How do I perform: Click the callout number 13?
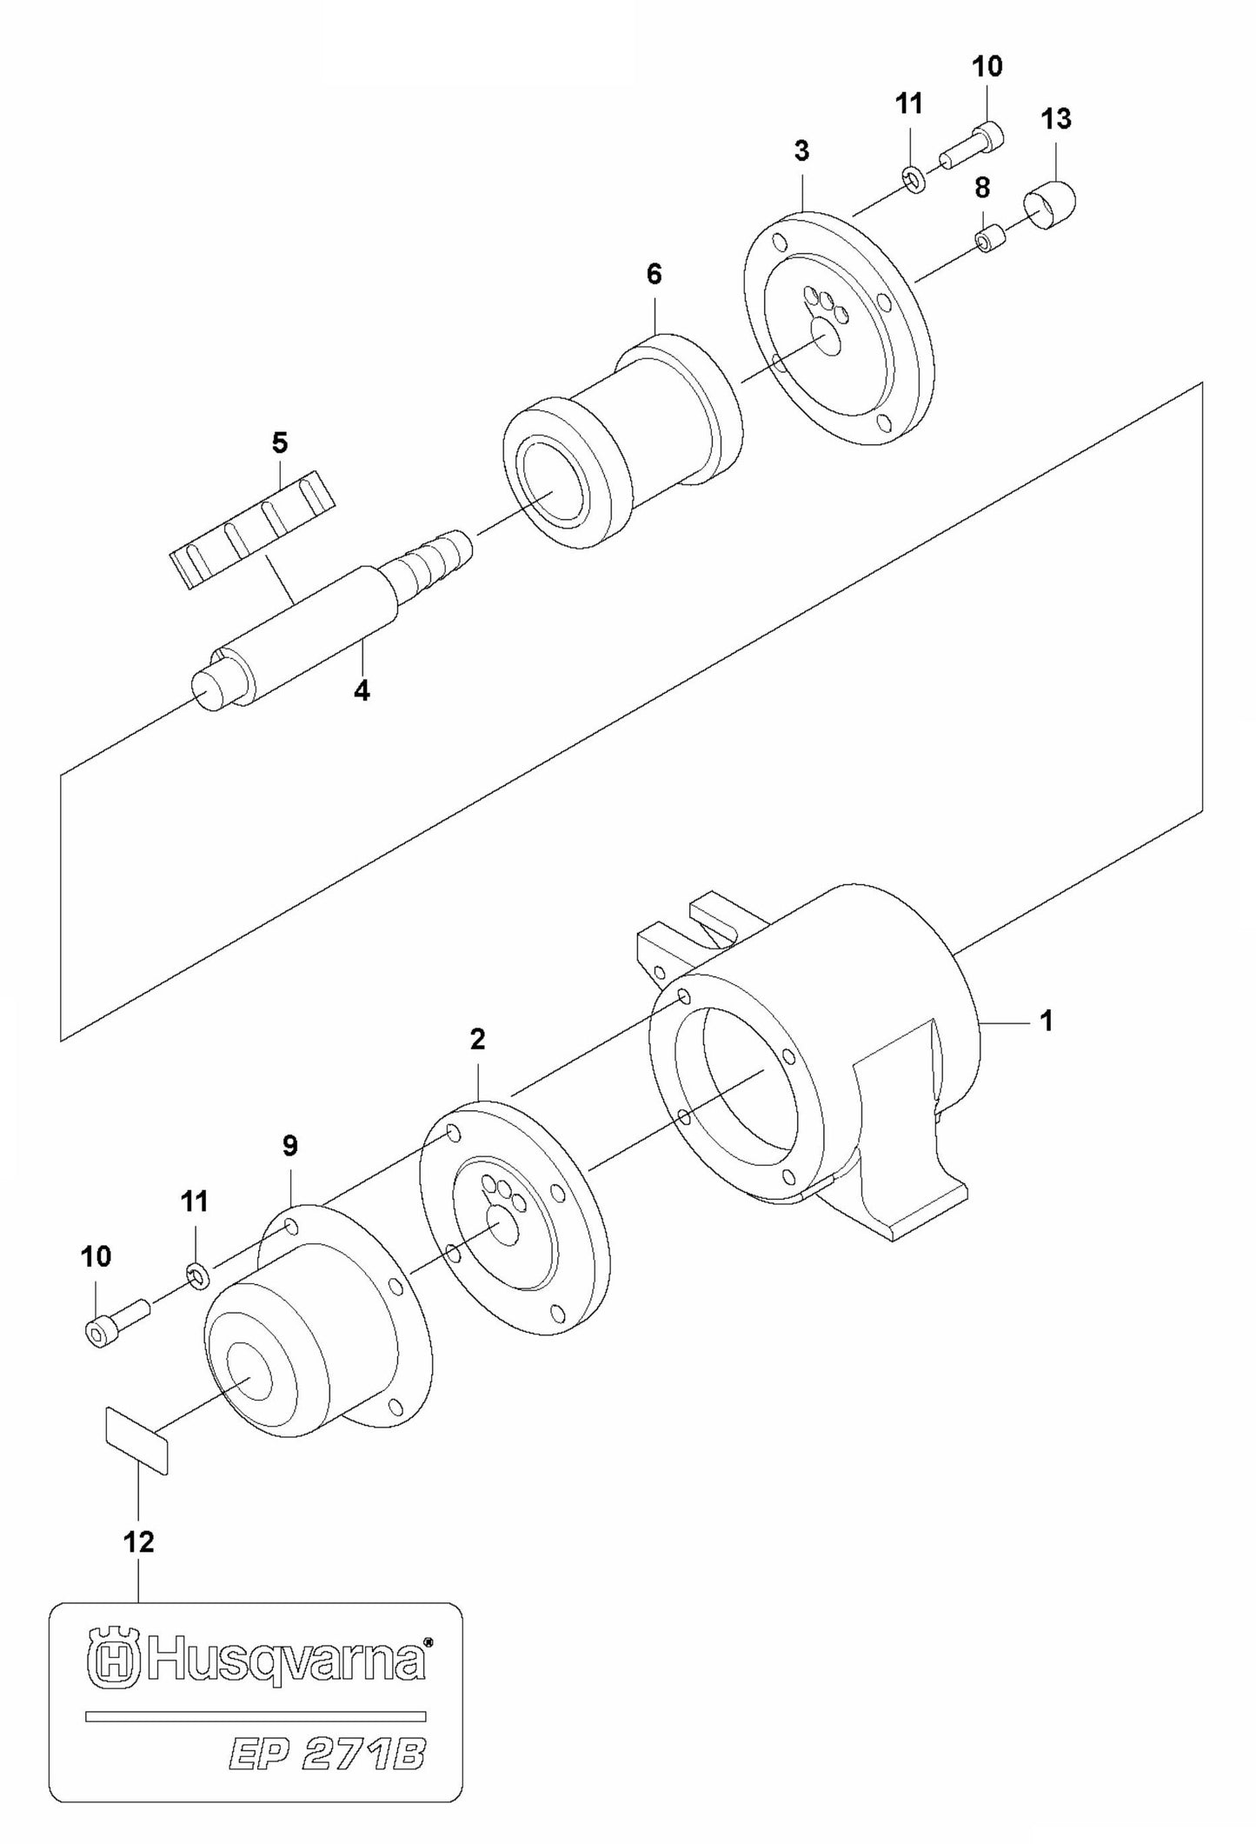(1056, 118)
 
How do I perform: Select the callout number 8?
(982, 187)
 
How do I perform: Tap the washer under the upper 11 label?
(914, 181)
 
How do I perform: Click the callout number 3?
(801, 151)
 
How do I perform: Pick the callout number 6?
(654, 275)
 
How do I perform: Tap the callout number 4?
(362, 691)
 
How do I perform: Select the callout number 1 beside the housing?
(1047, 1021)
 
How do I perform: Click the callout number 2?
(477, 1038)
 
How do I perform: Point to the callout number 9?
(290, 1146)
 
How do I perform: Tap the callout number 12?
(139, 1541)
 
